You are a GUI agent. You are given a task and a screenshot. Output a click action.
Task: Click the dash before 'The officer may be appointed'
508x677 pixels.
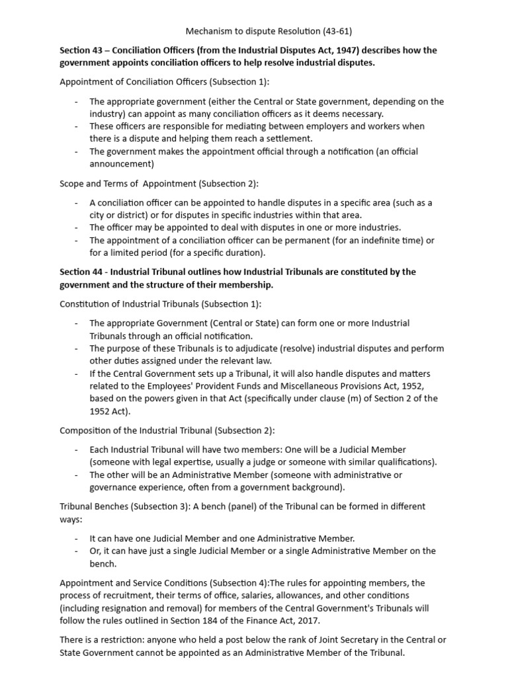pos(77,227)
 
